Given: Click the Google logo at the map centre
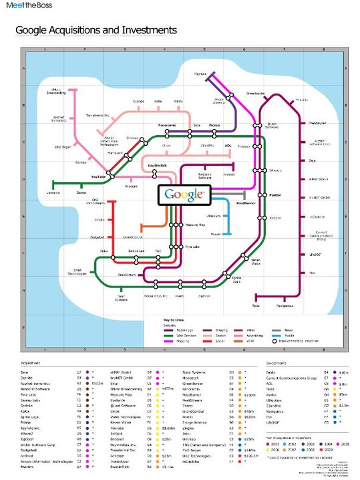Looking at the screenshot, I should (182, 195).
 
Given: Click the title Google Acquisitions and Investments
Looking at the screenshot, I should (96, 30).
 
